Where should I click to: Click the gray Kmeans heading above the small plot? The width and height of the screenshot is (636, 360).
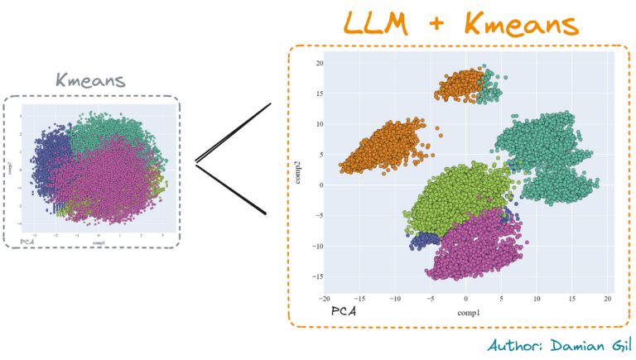tap(91, 81)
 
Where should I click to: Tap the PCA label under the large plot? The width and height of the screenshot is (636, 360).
tap(344, 312)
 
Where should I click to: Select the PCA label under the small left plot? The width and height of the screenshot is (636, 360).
tap(20, 242)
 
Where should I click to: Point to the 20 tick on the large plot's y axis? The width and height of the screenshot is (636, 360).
tap(318, 63)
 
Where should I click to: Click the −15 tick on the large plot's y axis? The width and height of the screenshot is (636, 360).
tap(316, 276)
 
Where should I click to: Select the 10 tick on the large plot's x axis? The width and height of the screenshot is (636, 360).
tap(537, 298)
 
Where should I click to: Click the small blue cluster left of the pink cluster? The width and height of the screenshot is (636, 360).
tap(422, 241)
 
